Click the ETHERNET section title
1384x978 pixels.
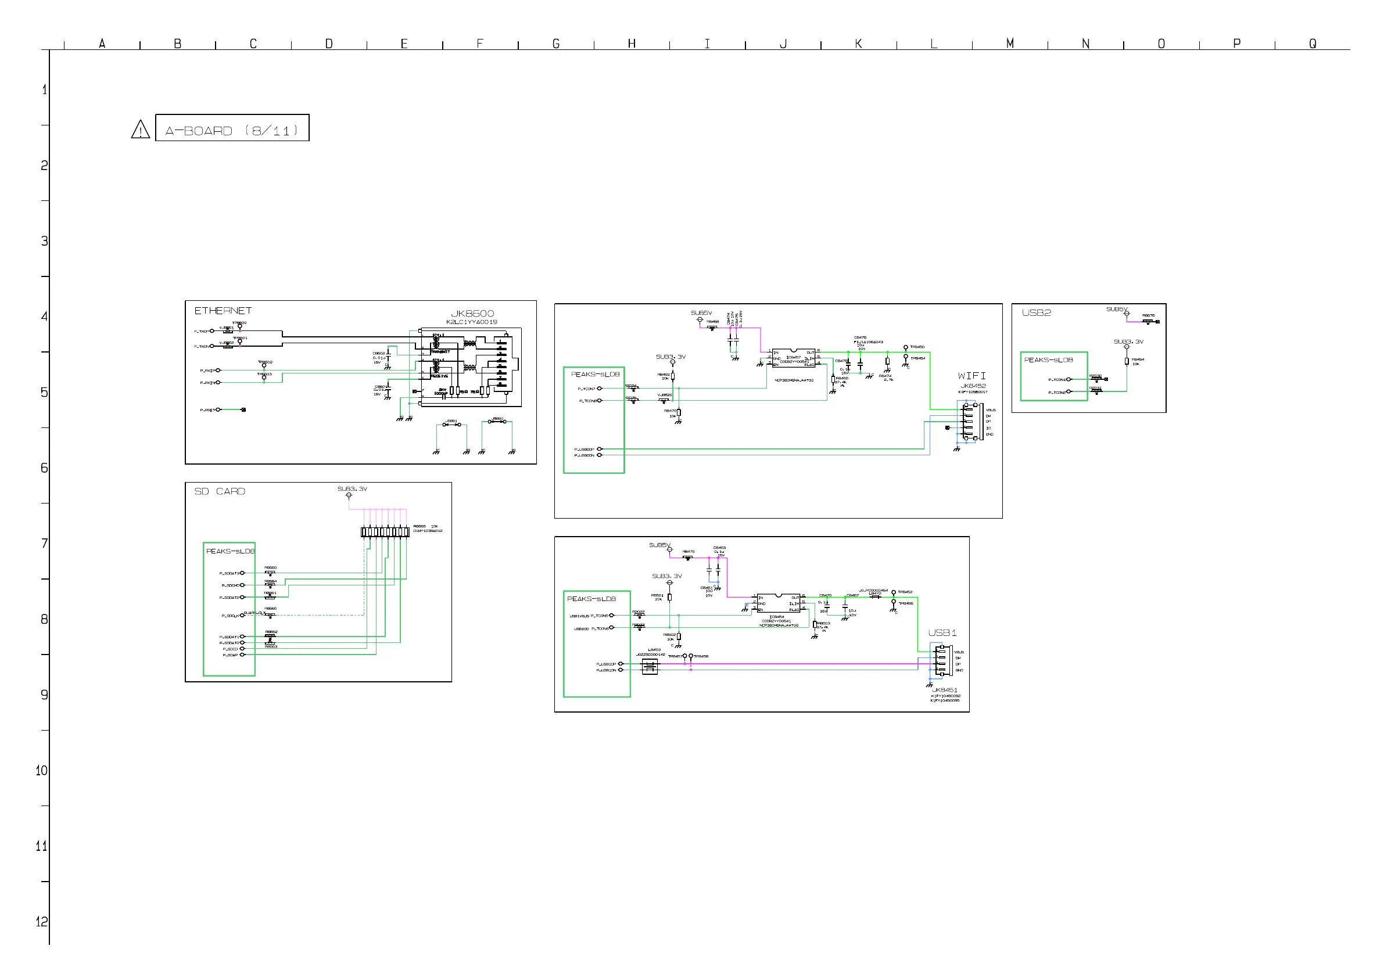[223, 311]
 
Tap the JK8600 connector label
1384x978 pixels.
[472, 314]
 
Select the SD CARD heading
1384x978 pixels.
[220, 492]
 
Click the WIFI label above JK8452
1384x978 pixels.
[971, 376]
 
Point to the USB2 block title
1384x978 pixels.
[1036, 313]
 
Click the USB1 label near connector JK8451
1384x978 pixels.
[942, 632]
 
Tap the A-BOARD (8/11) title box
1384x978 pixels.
[232, 128]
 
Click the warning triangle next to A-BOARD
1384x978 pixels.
[141, 130]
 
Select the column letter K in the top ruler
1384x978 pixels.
[858, 44]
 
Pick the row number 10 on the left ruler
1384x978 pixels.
[42, 771]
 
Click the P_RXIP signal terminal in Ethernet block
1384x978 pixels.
[218, 371]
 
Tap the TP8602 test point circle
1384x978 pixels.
[264, 366]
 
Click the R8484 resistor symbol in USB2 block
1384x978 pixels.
[1127, 362]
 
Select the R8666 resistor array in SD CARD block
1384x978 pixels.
[385, 531]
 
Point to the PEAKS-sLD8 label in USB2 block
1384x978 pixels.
[1048, 360]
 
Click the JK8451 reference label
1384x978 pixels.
[945, 690]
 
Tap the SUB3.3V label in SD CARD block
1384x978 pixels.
[352, 488]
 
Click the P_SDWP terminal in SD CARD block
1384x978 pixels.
[243, 655]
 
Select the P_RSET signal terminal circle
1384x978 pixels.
[218, 410]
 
